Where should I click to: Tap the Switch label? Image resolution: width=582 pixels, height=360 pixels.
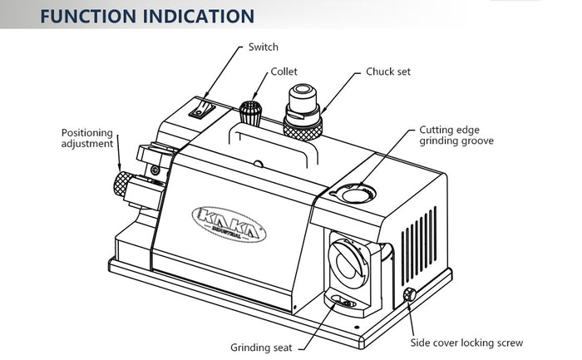coord(264,47)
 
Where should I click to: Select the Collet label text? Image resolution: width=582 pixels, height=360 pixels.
coord(284,72)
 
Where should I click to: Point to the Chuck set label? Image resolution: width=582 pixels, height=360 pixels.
coord(388,72)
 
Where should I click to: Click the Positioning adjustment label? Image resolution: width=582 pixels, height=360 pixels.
coord(87,138)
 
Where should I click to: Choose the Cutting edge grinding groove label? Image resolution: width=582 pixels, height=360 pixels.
coord(456,136)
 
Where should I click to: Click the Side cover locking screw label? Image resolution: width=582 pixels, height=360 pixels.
coord(467,342)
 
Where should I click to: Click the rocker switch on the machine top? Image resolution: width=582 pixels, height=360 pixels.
coord(199,108)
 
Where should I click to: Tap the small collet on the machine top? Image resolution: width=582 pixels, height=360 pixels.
coord(249,112)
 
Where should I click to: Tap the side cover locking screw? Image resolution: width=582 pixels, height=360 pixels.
coord(410,295)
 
